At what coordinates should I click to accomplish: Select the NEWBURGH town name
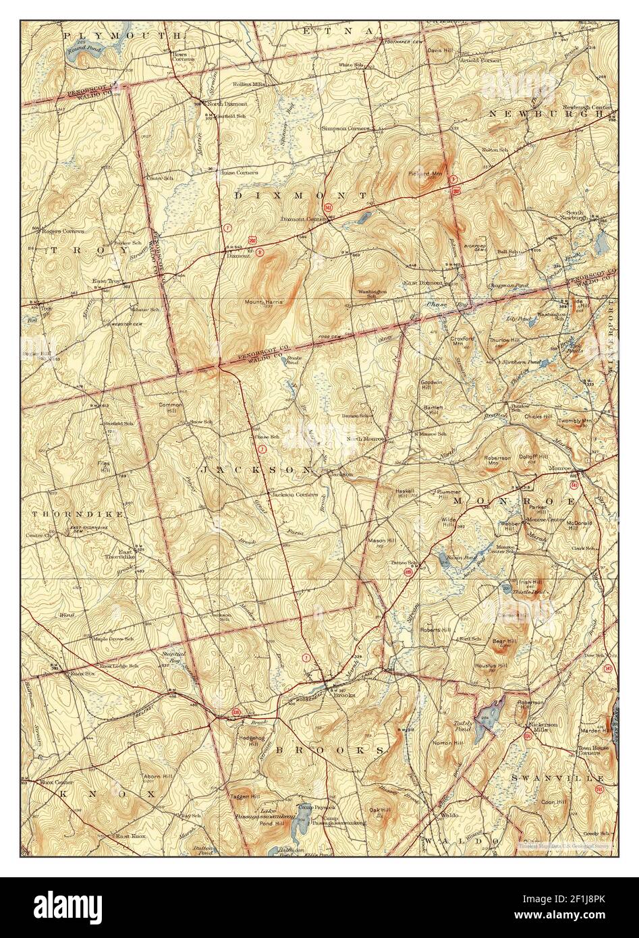[547, 113]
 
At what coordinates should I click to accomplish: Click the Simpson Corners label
[345, 128]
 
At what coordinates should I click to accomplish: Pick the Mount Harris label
[263, 302]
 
